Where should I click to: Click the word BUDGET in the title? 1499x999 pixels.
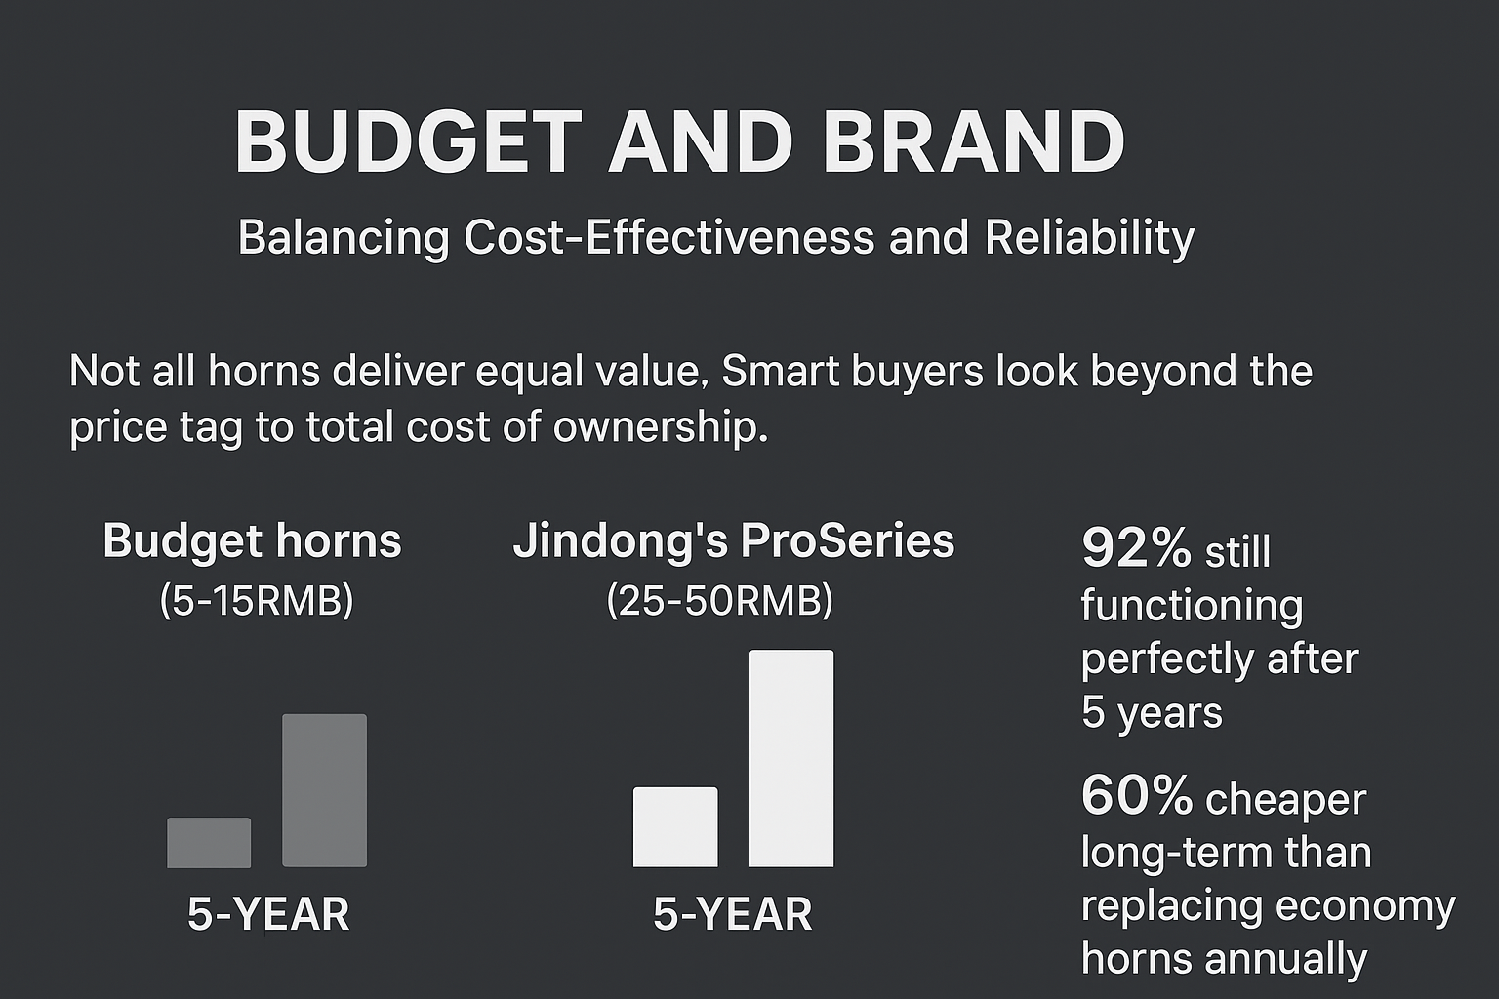(x=408, y=141)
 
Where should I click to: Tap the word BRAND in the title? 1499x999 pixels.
(x=974, y=141)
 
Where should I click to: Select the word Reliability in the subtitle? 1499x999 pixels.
(x=1089, y=238)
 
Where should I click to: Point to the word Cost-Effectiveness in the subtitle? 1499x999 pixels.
(x=668, y=238)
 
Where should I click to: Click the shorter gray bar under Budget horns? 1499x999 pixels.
(x=209, y=843)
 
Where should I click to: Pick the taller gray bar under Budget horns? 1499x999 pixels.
(x=324, y=790)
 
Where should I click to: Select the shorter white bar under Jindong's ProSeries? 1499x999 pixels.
(x=675, y=826)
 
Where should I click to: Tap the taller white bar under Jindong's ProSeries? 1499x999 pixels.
(x=790, y=758)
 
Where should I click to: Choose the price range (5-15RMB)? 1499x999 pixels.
(x=256, y=601)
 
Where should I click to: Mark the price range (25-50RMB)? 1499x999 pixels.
(x=719, y=601)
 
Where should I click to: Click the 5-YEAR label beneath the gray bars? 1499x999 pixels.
(x=268, y=915)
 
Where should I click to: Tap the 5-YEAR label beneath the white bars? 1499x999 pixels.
(x=732, y=915)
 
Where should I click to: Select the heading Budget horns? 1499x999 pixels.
(x=252, y=541)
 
